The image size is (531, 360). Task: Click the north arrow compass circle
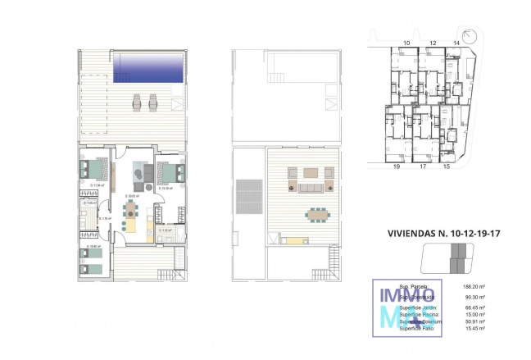(x=470, y=34)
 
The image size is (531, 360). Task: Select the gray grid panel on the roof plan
(x=247, y=196)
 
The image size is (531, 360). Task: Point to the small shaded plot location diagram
(x=447, y=262)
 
